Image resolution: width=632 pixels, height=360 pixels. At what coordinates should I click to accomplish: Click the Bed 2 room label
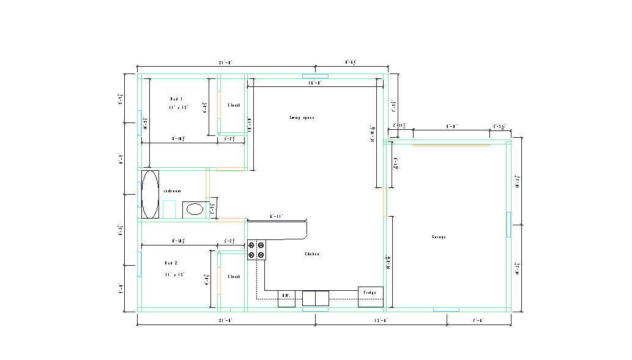pos(171,263)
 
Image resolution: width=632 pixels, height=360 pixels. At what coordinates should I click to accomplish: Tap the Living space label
pos(302,118)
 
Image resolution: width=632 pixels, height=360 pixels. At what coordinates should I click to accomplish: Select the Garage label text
pos(439,237)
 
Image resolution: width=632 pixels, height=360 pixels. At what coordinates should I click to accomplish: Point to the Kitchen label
pos(312,254)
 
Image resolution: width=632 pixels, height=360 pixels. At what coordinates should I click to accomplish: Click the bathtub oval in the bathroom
pos(150,194)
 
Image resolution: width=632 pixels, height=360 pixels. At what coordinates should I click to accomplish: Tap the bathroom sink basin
pos(195,209)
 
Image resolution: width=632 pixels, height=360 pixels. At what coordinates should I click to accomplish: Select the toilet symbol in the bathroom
pos(169,209)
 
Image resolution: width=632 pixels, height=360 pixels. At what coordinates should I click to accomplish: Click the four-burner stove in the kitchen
pos(256,250)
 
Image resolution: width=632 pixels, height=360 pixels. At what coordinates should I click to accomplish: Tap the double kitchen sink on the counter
pos(315,298)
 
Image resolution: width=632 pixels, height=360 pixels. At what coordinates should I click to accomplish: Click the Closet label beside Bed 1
pos(234,105)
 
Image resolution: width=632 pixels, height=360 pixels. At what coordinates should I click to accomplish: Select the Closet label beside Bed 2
pos(234,277)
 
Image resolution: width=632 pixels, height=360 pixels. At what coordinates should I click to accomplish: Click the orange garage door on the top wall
pos(451,145)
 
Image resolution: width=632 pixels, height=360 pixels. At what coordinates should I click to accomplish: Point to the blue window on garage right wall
pos(508,224)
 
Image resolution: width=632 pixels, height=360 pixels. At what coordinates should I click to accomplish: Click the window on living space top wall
pos(315,76)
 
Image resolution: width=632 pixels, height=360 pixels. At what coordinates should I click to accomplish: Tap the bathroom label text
pos(172,191)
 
